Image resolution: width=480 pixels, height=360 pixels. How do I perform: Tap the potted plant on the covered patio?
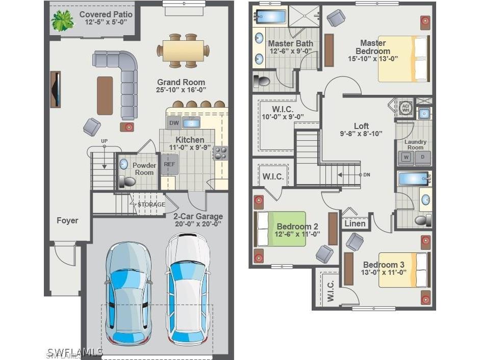[63, 21]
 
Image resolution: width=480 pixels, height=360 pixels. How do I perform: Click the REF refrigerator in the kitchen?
[169, 164]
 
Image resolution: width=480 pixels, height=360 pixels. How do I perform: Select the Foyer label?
[67, 220]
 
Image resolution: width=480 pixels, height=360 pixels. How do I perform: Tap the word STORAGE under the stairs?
[151, 204]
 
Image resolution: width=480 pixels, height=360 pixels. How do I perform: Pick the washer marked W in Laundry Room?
[406, 158]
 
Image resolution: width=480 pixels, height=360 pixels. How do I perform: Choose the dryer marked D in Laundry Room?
[423, 158]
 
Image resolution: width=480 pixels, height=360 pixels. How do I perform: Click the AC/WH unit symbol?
[406, 107]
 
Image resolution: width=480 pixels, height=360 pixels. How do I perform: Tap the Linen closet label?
[355, 223]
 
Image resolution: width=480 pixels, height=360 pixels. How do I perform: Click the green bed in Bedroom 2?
[280, 229]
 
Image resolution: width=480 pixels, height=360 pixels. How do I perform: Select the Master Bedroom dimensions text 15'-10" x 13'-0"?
[372, 59]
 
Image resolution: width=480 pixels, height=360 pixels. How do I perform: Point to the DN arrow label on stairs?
[366, 175]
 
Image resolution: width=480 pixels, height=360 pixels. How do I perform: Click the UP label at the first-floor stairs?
[104, 141]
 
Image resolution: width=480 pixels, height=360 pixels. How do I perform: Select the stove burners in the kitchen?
[221, 153]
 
